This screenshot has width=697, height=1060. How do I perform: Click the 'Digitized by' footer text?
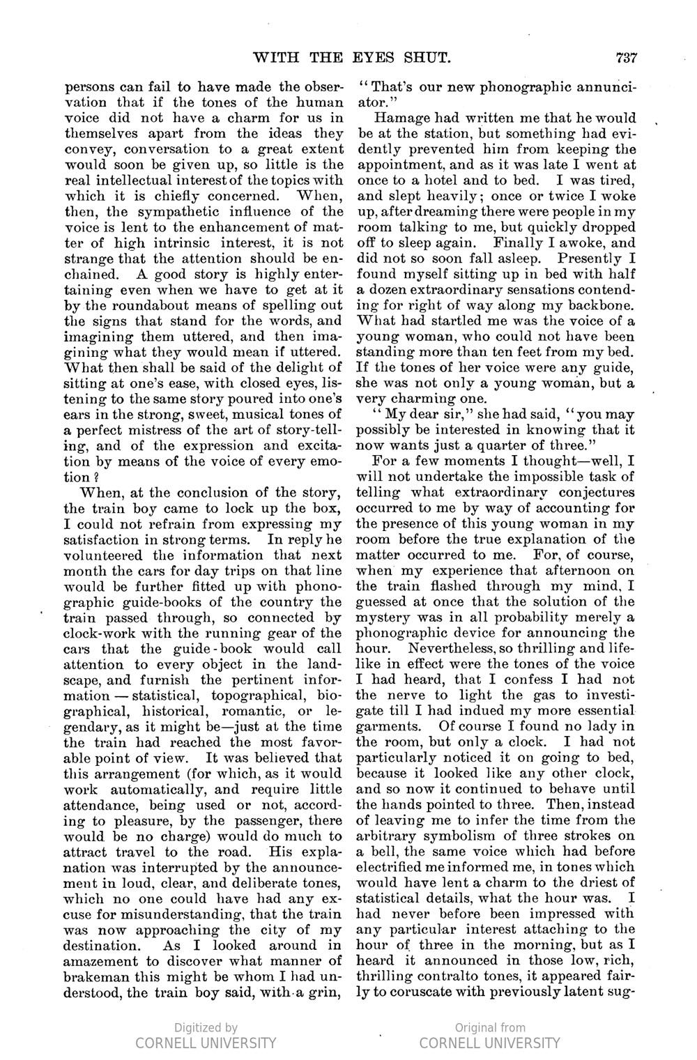coord(206,1027)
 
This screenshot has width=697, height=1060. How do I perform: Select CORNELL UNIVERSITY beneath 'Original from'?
coord(490,1043)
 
